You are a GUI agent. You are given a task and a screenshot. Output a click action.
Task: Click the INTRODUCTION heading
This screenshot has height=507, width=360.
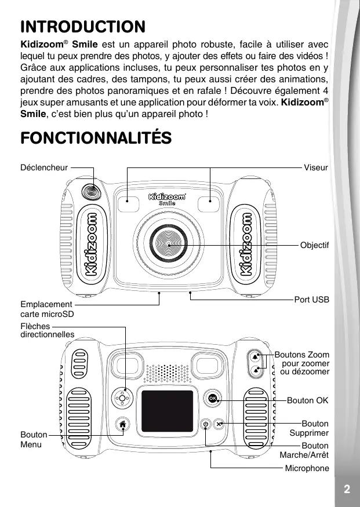pyautogui.click(x=83, y=27)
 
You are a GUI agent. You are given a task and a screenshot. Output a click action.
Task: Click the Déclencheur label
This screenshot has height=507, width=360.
pyautogui.click(x=44, y=168)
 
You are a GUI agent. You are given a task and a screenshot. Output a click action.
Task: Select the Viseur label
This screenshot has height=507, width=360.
pyautogui.click(x=316, y=168)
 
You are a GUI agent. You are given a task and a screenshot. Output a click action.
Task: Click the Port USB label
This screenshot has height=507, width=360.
pyautogui.click(x=311, y=300)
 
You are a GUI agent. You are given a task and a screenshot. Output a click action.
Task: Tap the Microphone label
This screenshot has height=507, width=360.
pyautogui.click(x=307, y=468)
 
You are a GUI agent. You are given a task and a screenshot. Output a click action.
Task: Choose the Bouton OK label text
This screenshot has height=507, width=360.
pyautogui.click(x=308, y=400)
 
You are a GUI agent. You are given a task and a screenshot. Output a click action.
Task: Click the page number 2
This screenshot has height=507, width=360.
pyautogui.click(x=346, y=488)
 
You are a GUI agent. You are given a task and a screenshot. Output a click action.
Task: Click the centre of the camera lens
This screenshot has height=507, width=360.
pyautogui.click(x=170, y=245)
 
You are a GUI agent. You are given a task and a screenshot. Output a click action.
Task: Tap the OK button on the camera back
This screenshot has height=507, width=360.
pyautogui.click(x=212, y=399)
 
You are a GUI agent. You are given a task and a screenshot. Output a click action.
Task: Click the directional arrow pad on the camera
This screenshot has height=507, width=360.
pyautogui.click(x=122, y=398)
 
